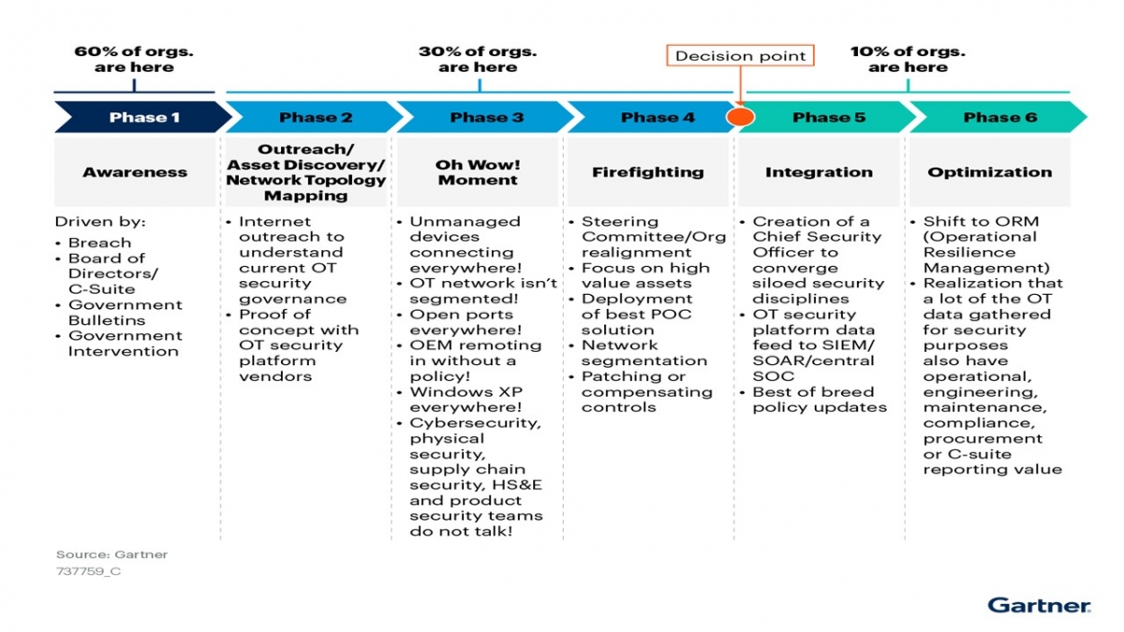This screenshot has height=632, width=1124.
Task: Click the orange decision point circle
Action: tap(741, 117)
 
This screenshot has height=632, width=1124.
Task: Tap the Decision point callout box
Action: tap(740, 56)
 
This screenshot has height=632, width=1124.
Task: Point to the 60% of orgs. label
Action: tap(134, 59)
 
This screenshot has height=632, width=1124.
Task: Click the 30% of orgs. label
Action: tap(478, 59)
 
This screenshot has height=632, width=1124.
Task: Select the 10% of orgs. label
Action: tap(907, 59)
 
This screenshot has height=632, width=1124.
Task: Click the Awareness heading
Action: tap(135, 172)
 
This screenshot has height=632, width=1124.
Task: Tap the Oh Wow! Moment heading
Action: tap(478, 172)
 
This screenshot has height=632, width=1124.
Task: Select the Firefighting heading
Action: tap(648, 172)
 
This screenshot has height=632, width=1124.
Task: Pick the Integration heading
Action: tap(819, 172)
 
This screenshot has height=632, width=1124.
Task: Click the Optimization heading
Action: tap(990, 172)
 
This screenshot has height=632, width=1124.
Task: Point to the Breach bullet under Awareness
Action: tap(99, 243)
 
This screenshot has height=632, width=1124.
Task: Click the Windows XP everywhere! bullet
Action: tap(466, 400)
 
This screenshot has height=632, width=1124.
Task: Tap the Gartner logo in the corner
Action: tap(1039, 605)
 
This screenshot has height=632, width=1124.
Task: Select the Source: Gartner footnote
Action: tap(111, 554)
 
